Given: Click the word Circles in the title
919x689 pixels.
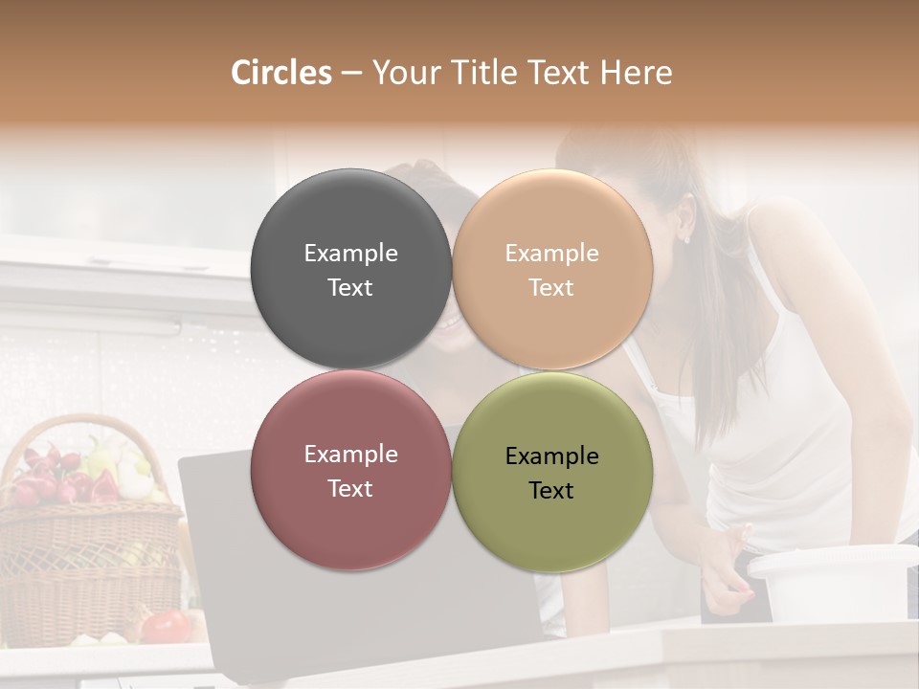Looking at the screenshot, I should (x=280, y=73).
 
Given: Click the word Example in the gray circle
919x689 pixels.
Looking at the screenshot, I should (x=350, y=254).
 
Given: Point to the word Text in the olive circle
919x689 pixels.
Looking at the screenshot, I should (x=551, y=491).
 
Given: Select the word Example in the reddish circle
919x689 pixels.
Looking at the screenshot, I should (x=350, y=455).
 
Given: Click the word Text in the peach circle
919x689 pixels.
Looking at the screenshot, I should (x=551, y=288).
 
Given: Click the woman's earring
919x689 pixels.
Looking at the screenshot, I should (x=686, y=238).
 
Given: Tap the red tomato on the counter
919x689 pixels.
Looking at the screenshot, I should (x=168, y=626).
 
